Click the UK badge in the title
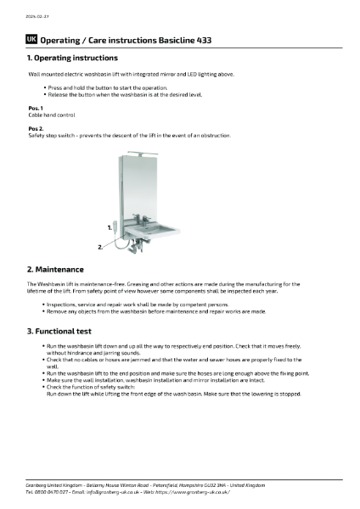pyautogui.click(x=31, y=39)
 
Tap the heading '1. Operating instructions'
pyautogui.click(x=73, y=58)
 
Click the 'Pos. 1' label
pyautogui.click(x=36, y=109)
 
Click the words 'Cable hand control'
pyautogui.click(x=52, y=115)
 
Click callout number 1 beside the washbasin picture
pyautogui.click(x=110, y=228)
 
